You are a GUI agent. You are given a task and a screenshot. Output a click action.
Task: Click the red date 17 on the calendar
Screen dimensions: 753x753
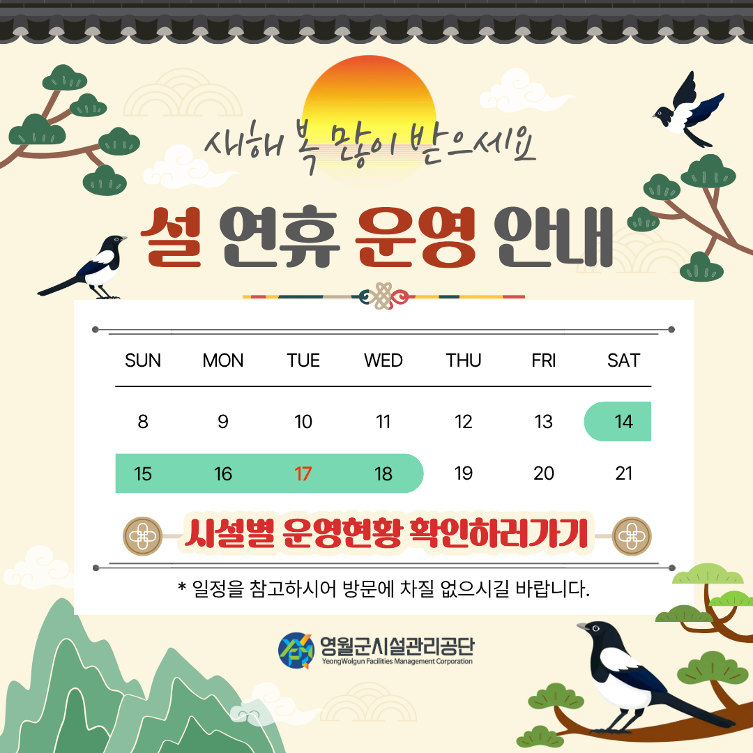[x=303, y=474]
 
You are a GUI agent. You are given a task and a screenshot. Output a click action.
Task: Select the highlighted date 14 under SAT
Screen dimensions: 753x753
[x=623, y=422]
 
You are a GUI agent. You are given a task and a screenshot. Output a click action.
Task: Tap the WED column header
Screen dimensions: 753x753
[x=383, y=360]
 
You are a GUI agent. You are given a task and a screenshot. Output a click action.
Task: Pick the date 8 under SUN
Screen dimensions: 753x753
[x=143, y=422]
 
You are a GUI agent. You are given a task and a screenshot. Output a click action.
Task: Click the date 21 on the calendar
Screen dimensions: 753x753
[x=623, y=474]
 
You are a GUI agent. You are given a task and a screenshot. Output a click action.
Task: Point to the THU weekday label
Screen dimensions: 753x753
[x=464, y=360]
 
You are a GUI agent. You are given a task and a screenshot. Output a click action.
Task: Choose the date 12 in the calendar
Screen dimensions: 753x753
[x=464, y=422]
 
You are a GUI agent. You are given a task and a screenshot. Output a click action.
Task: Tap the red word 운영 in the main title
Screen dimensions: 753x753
[x=416, y=237]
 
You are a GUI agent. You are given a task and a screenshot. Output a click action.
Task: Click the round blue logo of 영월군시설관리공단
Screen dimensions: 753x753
[x=296, y=651]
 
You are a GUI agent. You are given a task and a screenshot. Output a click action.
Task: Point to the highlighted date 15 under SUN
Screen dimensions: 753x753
[x=143, y=474]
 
